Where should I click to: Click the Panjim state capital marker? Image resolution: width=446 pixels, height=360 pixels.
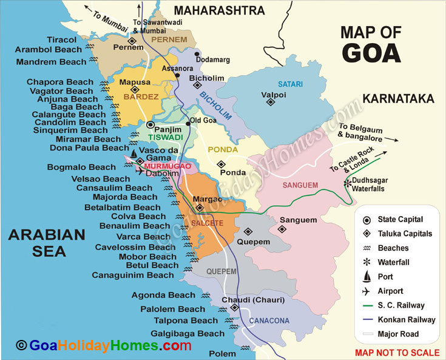click(151, 124)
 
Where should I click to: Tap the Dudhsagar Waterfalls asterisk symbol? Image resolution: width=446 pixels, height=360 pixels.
click(347, 182)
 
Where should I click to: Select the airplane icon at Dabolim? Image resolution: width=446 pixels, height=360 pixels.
click(141, 172)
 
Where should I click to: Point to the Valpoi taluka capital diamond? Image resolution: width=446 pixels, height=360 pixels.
click(270, 102)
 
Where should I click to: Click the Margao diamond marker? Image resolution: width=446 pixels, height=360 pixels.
click(199, 208)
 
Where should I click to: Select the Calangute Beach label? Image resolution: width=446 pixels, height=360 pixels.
click(66, 114)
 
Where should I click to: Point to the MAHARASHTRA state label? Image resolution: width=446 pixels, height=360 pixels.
click(219, 10)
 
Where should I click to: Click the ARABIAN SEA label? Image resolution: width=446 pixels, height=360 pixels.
click(46, 243)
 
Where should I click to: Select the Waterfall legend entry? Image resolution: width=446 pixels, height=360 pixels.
click(394, 262)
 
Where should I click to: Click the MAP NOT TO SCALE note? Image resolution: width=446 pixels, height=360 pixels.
click(397, 353)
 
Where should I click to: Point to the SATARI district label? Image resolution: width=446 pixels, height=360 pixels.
click(289, 84)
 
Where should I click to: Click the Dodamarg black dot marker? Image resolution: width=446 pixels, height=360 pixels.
click(197, 54)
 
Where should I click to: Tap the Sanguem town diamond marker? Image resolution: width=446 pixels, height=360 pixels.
click(282, 229)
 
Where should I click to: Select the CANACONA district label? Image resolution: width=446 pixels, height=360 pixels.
click(268, 321)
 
